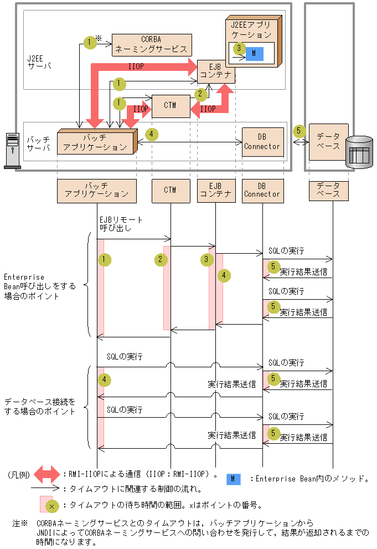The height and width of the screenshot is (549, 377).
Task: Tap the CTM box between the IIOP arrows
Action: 170,105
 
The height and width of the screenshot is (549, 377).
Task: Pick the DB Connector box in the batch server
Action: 262,142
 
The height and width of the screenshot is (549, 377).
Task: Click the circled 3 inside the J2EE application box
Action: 239,48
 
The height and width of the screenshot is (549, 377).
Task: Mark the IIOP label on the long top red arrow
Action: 137,66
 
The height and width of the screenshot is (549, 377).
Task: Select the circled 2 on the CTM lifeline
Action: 161,259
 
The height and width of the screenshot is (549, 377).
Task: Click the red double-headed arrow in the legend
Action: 47,474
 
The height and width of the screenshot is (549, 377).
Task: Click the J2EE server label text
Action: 39,61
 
